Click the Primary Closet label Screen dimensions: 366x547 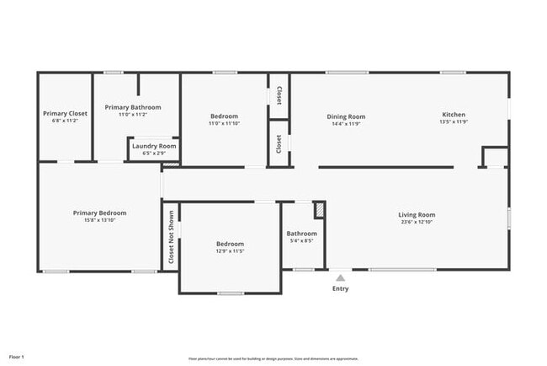(x=66, y=113)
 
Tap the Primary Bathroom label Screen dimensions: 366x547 (x=133, y=107)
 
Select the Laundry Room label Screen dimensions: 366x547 (x=154, y=146)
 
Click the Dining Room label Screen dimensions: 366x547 (x=346, y=116)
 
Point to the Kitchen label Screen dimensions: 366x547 (x=454, y=115)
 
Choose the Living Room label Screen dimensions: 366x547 (x=417, y=214)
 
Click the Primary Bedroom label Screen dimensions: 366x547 (x=99, y=213)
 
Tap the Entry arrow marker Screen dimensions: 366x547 (x=340, y=277)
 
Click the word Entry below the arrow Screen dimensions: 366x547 (x=340, y=288)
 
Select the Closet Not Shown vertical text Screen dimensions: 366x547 (x=171, y=238)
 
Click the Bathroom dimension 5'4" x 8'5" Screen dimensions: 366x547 (x=301, y=240)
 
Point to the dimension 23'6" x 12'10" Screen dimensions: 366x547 (x=417, y=222)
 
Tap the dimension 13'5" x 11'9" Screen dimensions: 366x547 (x=454, y=122)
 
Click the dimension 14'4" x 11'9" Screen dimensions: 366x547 (x=346, y=123)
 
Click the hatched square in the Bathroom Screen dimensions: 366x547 (x=319, y=209)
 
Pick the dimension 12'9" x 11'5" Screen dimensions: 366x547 (x=230, y=251)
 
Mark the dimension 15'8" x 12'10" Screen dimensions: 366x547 (x=99, y=220)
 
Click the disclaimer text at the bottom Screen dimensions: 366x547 (x=273, y=358)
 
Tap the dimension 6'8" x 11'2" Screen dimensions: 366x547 (x=66, y=121)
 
